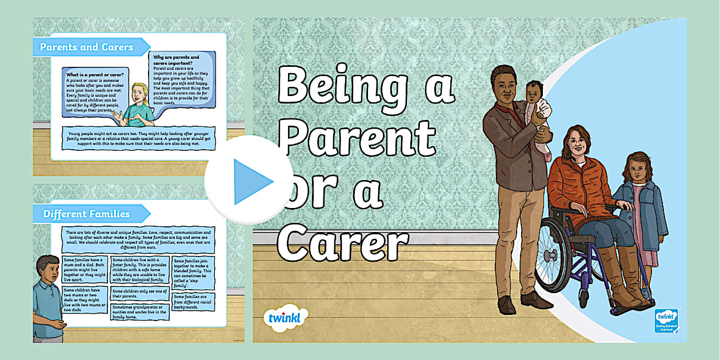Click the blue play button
pos(249,182)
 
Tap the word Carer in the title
pos(343,242)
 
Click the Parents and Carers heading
pos(87,47)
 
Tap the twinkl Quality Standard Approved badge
pos(666,321)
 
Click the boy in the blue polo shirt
pos(49,297)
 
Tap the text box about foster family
pos(139,270)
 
